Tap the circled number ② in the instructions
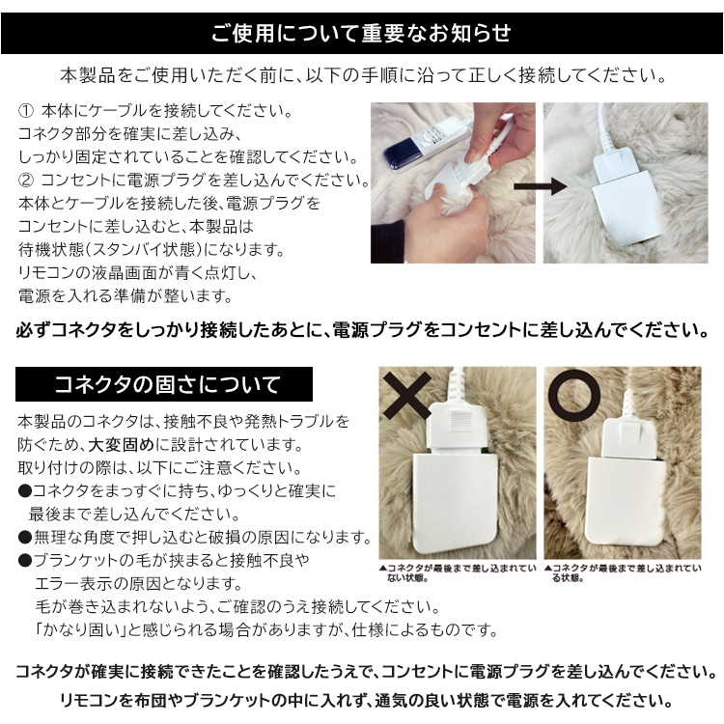coord(25,180)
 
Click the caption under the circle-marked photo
coord(622,573)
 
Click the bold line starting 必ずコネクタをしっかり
coord(361,331)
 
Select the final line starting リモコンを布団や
coord(361,699)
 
